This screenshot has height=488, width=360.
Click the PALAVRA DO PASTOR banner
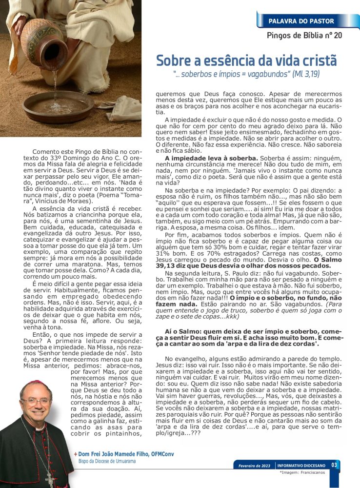coord(301,21)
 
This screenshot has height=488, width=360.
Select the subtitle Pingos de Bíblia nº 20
coord(304,35)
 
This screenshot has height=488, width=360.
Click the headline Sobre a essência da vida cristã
coord(246,61)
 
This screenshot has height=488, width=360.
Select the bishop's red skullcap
coord(37,384)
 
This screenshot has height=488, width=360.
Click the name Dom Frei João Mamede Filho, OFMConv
coord(125,454)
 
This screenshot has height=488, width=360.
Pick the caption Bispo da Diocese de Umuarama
coord(107,461)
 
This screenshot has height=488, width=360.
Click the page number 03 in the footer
coord(334,465)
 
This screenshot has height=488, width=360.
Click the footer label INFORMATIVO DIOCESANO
coord(301,466)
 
